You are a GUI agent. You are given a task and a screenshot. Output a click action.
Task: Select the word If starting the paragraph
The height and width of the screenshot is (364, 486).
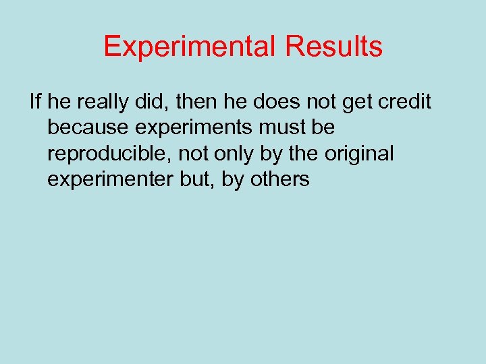click(x=36, y=102)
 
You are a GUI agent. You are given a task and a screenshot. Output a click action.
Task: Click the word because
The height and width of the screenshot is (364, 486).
click(x=88, y=127)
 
